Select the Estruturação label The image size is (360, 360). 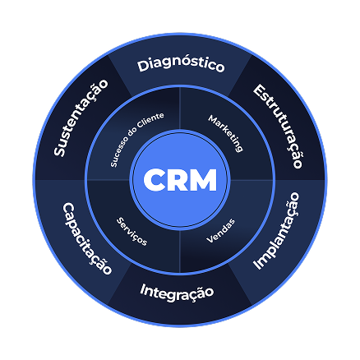pyautogui.click(x=278, y=126)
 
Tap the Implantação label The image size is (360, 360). pyautogui.click(x=275, y=231)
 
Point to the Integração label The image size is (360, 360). pyautogui.click(x=177, y=291)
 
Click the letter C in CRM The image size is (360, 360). pyautogui.click(x=155, y=179)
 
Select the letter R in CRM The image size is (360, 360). pyautogui.click(x=178, y=179)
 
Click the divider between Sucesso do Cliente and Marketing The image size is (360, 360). pyautogui.click(x=180, y=107)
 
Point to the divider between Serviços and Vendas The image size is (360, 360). pyautogui.click(x=180, y=252)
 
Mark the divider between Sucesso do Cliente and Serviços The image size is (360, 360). pyautogui.click(x=108, y=179)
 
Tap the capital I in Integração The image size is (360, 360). pyautogui.click(x=143, y=289)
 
